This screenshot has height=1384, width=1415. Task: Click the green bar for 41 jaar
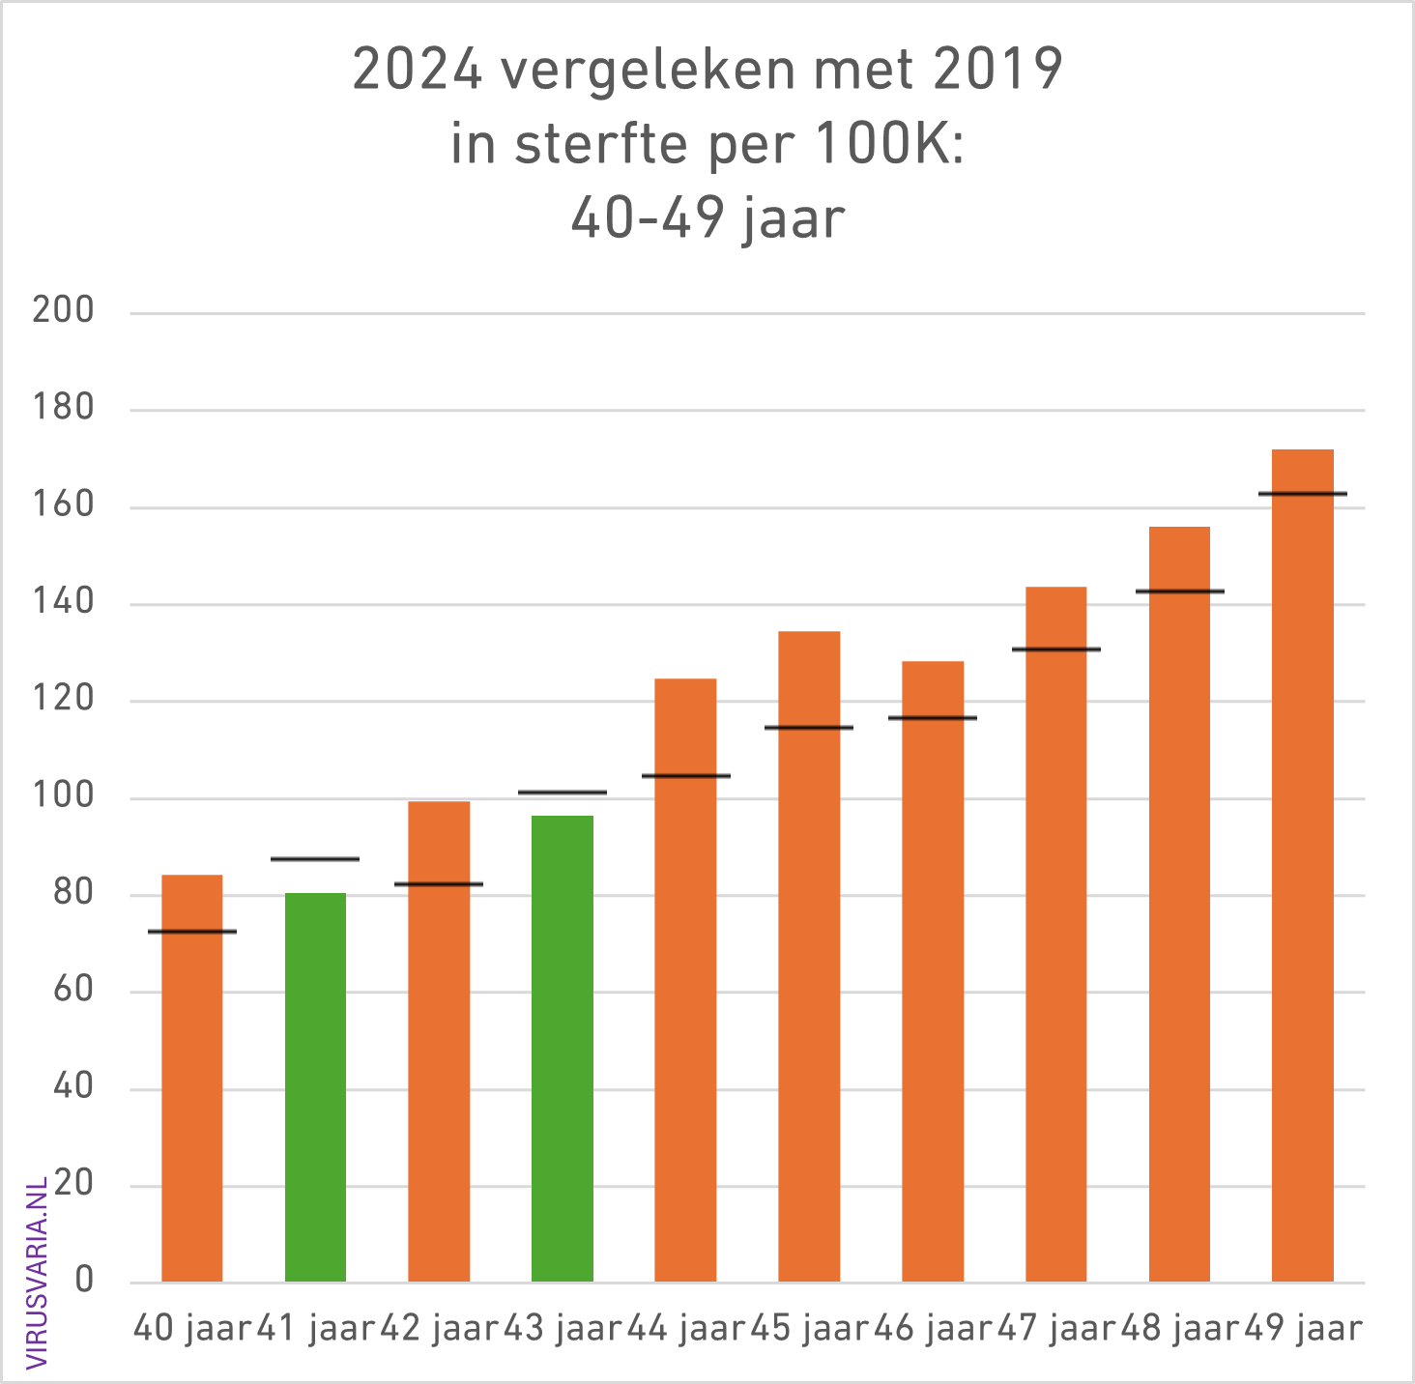click(x=315, y=1087)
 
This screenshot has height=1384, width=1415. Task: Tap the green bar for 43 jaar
click(x=563, y=1049)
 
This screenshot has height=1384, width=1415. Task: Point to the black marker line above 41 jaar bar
click(x=315, y=858)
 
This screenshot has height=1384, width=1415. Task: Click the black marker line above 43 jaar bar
click(x=563, y=793)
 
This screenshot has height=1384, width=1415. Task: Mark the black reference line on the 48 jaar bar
click(x=1179, y=591)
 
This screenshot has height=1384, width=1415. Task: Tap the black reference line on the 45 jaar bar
click(x=809, y=727)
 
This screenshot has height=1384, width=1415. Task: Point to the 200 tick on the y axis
click(x=63, y=311)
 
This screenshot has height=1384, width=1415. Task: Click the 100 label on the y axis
click(x=63, y=797)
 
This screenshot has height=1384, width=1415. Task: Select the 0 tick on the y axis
click(x=84, y=1282)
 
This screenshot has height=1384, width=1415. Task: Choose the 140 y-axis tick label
click(x=63, y=603)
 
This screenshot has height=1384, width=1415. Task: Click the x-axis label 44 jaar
click(x=686, y=1329)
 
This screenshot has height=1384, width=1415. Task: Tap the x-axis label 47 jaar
click(x=1055, y=1329)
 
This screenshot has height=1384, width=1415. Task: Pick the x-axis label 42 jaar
click(x=439, y=1329)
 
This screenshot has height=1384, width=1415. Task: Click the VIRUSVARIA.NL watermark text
click(x=37, y=1272)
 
